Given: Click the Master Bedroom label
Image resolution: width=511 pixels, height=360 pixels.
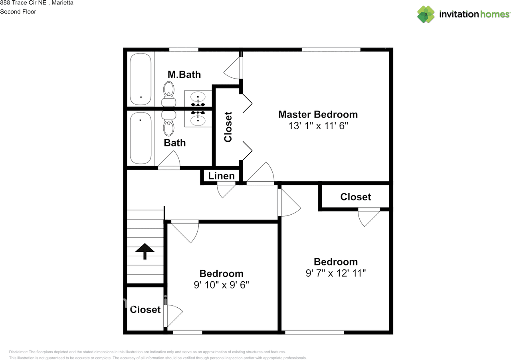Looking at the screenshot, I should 318,115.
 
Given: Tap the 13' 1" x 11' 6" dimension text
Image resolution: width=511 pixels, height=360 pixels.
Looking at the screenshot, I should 318,126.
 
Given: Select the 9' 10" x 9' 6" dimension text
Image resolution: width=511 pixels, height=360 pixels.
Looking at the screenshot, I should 221,285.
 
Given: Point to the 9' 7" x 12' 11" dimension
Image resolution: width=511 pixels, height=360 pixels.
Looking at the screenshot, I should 335,273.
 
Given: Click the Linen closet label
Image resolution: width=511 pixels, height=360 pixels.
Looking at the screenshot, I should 221,176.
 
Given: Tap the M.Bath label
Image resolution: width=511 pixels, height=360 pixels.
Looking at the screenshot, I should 184,75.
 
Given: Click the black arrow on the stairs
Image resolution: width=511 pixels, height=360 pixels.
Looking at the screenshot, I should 145,251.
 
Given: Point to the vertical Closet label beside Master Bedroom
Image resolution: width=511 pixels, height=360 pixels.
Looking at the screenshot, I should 228,127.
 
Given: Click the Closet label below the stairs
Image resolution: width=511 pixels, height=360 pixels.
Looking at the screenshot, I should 145,310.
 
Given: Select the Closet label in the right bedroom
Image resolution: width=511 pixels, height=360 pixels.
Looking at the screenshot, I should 355,197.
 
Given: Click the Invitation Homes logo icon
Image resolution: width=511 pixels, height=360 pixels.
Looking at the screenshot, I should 426,14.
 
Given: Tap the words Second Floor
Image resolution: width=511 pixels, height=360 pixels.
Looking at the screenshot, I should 18,12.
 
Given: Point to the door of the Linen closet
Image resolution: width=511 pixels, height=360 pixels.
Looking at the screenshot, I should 226,190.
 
